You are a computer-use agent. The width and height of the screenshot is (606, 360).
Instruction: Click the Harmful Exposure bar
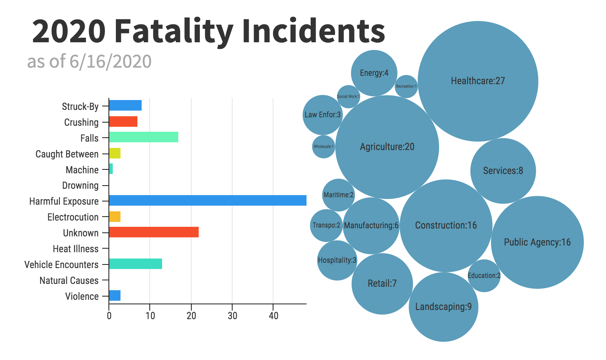click(x=208, y=200)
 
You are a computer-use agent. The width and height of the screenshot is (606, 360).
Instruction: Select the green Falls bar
click(x=143, y=137)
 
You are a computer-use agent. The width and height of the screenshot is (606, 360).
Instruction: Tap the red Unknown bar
click(x=154, y=232)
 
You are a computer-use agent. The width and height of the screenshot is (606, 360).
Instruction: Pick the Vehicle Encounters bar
click(x=135, y=264)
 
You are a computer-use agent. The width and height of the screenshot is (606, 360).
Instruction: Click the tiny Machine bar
click(x=111, y=169)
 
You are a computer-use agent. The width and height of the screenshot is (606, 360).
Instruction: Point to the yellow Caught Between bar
click(x=115, y=153)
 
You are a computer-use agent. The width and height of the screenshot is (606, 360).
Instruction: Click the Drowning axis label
click(x=80, y=186)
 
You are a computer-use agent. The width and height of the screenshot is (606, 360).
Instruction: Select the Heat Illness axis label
click(x=76, y=249)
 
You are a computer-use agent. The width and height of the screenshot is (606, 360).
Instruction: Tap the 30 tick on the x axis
click(x=232, y=316)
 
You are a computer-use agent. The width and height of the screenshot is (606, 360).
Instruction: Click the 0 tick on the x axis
click(x=109, y=316)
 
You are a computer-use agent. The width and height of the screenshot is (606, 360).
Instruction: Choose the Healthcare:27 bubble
click(x=478, y=81)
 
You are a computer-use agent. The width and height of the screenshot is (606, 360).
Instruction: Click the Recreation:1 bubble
click(x=406, y=86)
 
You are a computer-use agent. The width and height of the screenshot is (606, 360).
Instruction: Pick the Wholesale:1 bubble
click(x=323, y=147)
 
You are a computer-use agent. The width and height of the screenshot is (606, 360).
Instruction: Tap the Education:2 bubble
click(x=484, y=275)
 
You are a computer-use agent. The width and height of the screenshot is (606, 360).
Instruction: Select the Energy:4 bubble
click(x=374, y=73)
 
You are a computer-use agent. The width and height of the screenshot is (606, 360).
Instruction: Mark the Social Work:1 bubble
click(x=348, y=97)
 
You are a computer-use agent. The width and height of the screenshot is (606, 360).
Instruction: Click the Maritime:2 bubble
click(x=338, y=195)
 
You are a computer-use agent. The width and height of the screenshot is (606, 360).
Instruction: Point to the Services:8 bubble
click(x=503, y=171)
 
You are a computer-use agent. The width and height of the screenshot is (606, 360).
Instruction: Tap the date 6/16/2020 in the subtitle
click(x=110, y=62)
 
